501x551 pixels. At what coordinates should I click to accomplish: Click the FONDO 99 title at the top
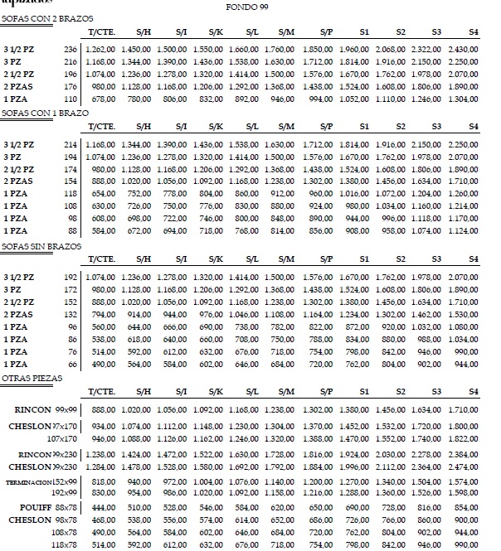click(x=246, y=7)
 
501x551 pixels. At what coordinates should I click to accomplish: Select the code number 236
click(x=70, y=51)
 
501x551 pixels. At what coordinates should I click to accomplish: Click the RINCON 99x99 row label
click(x=47, y=410)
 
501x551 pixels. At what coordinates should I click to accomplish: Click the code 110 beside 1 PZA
click(x=70, y=98)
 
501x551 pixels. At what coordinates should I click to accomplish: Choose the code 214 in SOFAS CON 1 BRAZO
click(x=70, y=144)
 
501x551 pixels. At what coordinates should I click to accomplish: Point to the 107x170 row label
click(x=62, y=438)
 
